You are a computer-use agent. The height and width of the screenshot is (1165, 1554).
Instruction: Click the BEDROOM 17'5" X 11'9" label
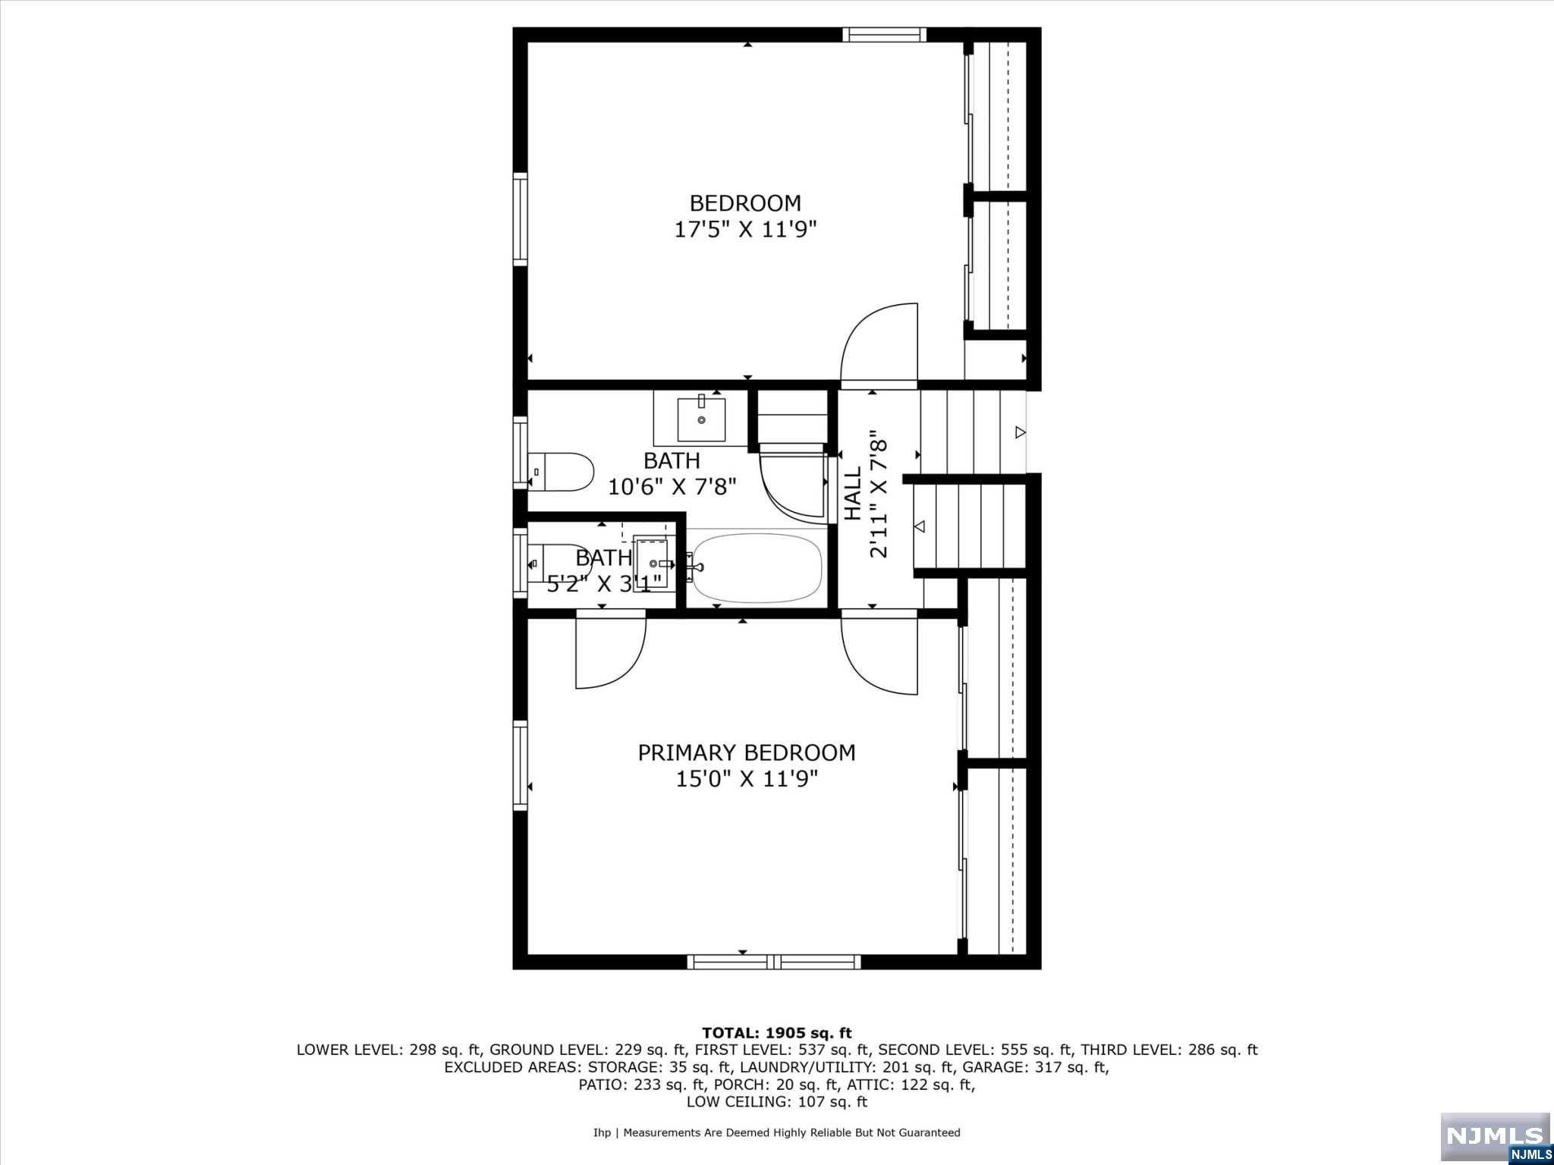click(x=745, y=216)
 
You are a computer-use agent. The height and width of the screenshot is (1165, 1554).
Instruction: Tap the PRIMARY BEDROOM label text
click(x=746, y=752)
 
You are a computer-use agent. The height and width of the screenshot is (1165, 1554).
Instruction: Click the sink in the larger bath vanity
click(x=701, y=419)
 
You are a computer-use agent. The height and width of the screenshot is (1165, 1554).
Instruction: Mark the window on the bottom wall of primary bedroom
click(x=773, y=962)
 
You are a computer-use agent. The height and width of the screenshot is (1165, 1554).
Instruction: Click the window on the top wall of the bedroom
click(x=884, y=34)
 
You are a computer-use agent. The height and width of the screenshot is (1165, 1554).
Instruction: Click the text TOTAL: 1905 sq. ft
click(x=776, y=1032)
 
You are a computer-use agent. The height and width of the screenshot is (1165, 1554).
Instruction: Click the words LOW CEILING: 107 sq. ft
click(x=776, y=1101)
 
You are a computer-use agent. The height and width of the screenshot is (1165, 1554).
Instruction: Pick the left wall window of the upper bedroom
click(x=520, y=218)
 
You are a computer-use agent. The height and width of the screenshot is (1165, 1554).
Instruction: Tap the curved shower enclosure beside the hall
click(x=793, y=485)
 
